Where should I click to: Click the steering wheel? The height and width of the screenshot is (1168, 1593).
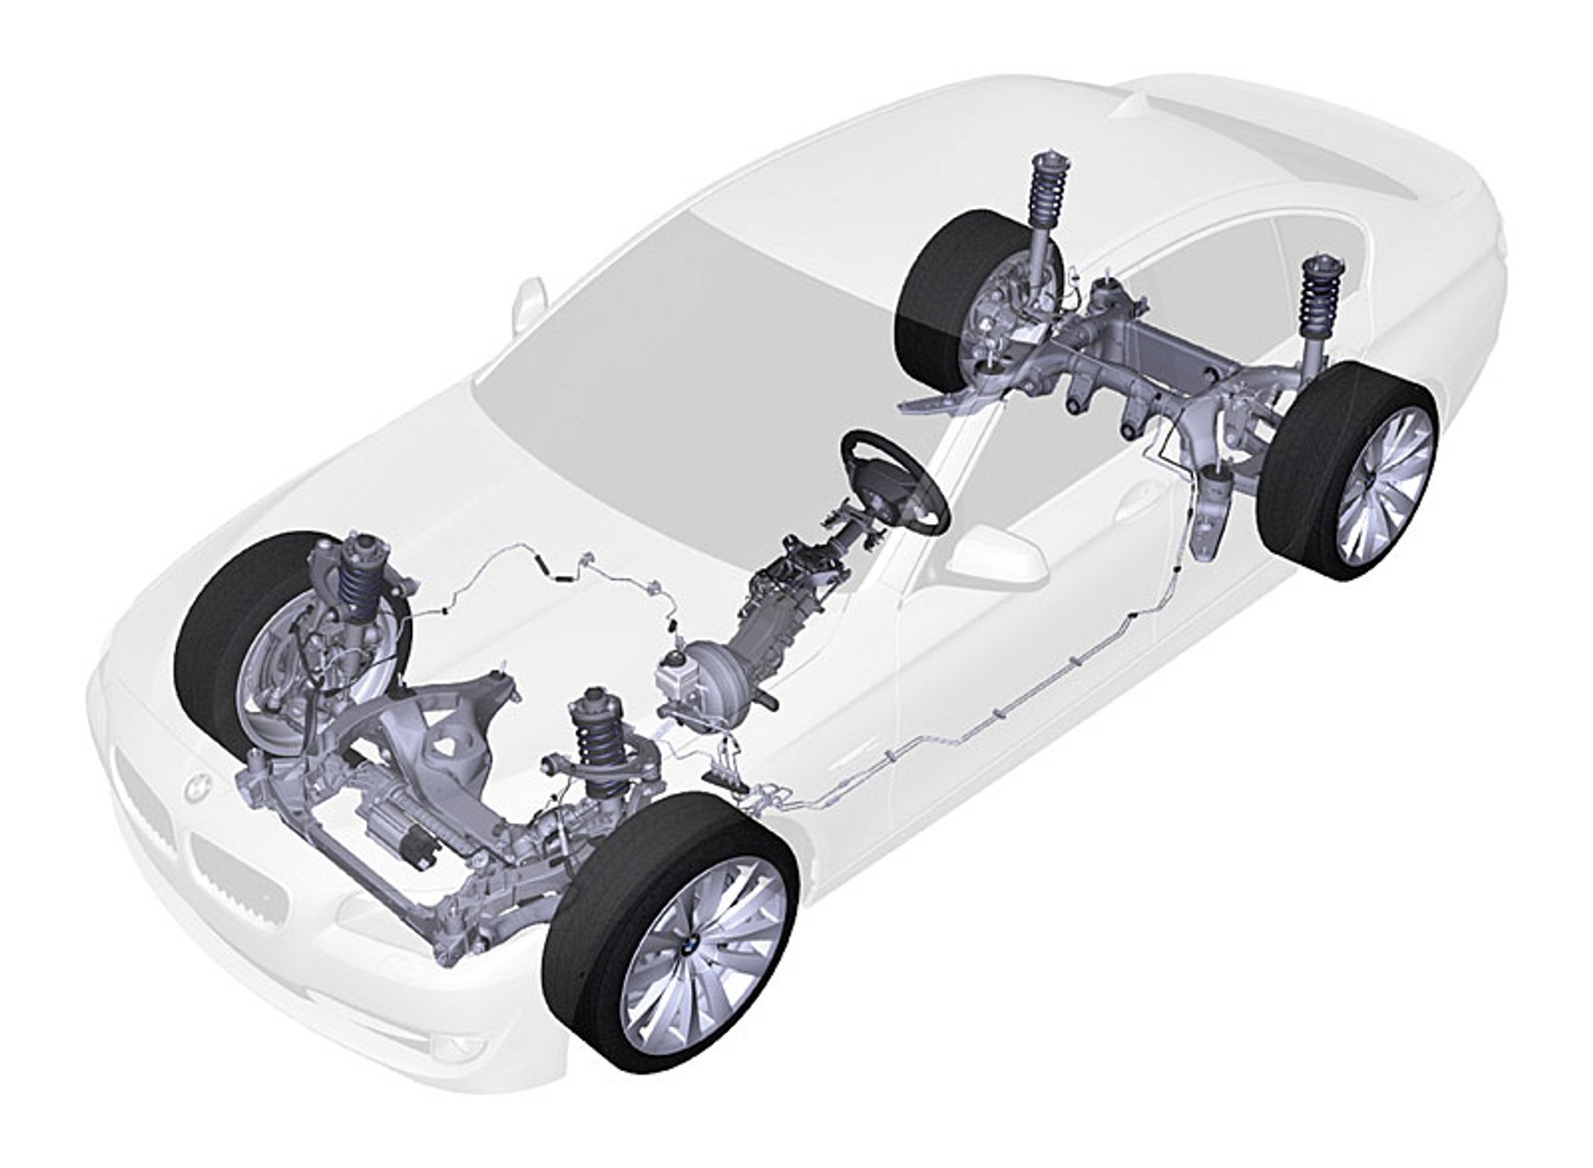(x=893, y=481)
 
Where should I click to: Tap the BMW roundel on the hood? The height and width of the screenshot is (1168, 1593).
(x=197, y=788)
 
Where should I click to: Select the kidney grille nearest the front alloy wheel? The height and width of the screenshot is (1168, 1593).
(x=237, y=882)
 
